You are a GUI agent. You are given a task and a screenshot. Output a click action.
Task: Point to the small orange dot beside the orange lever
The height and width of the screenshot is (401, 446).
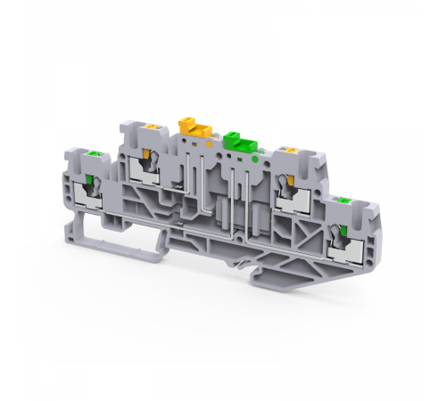point(209,141)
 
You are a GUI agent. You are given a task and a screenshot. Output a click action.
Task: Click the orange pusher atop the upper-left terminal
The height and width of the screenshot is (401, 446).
point(153,130)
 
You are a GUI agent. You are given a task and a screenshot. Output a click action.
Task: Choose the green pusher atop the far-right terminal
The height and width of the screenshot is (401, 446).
point(344,204)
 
